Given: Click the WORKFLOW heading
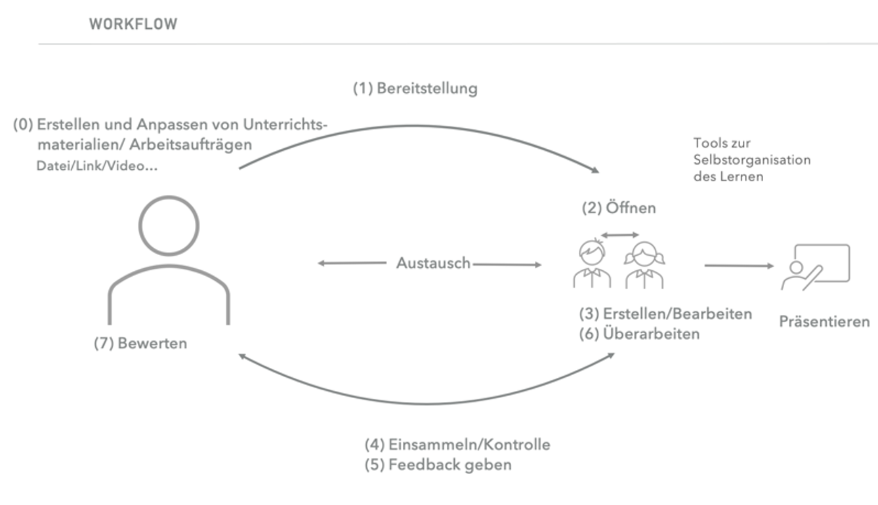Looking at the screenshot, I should click(x=133, y=24).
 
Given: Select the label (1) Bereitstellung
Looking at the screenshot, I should click(x=415, y=89).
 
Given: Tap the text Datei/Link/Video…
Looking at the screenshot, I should click(x=97, y=167).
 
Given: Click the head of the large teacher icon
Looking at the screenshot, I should click(x=169, y=226).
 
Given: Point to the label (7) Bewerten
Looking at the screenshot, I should click(x=140, y=343).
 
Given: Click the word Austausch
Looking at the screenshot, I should click(x=433, y=263).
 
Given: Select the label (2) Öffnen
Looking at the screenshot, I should click(x=619, y=209).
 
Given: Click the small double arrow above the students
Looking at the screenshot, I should click(x=620, y=234).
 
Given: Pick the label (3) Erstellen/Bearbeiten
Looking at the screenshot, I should click(x=665, y=313).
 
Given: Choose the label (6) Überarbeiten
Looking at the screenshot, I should click(x=639, y=334).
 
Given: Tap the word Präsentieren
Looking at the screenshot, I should click(x=824, y=322).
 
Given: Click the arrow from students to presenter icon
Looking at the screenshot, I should click(x=739, y=266).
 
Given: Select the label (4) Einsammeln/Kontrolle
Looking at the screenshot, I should click(x=457, y=445).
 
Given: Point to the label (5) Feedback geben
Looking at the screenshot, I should click(x=438, y=465).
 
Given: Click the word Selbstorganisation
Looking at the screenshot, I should click(x=752, y=160).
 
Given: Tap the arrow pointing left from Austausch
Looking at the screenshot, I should click(x=351, y=264).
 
